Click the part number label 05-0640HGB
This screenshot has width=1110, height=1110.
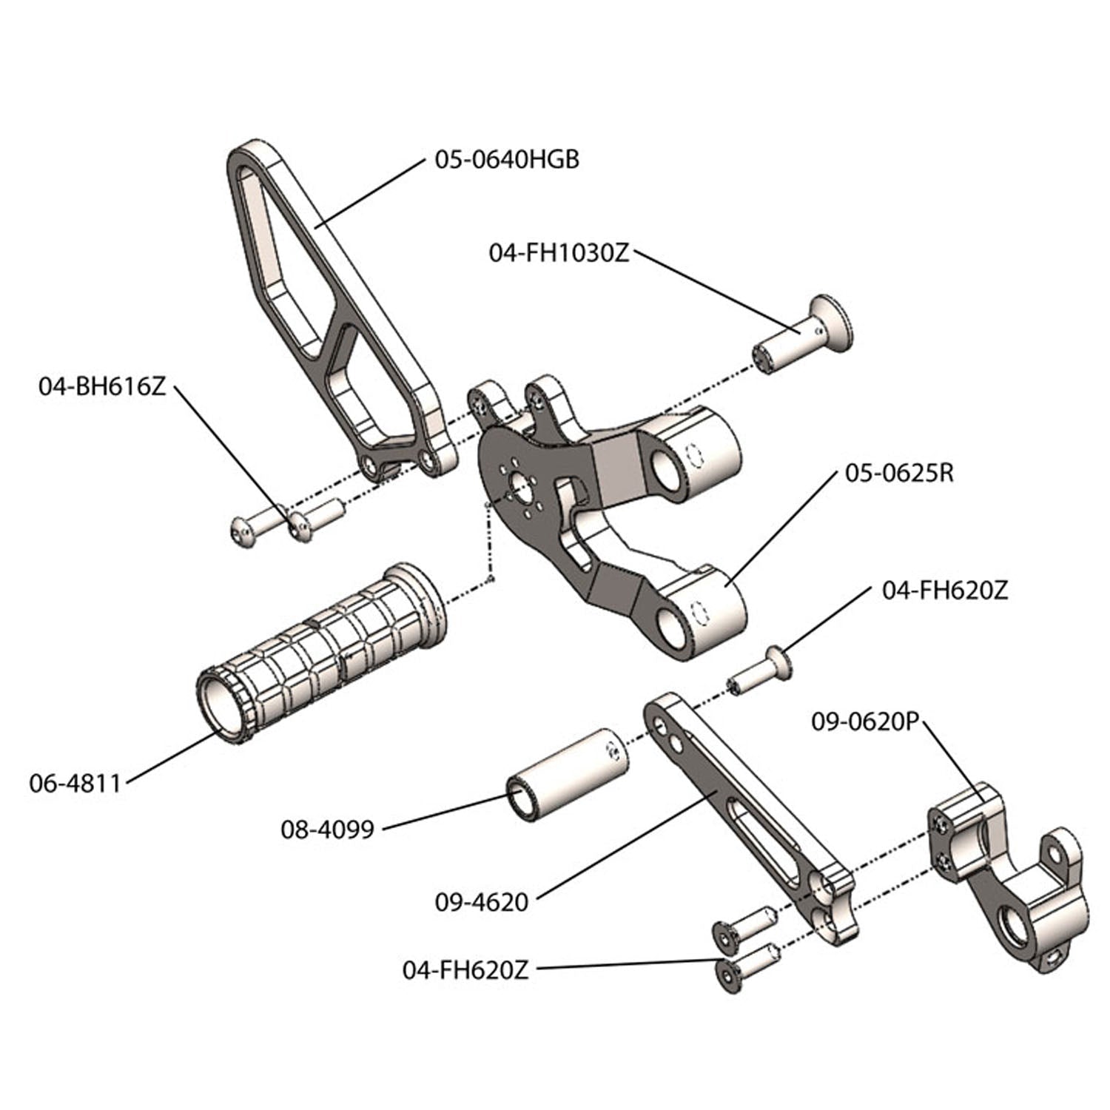(x=506, y=160)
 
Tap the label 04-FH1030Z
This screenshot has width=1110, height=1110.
(x=559, y=253)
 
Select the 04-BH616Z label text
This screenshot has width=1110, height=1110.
(x=103, y=386)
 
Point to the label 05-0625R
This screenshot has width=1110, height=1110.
(x=899, y=473)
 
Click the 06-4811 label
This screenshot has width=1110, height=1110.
(x=75, y=783)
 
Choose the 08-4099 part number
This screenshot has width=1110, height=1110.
(x=327, y=830)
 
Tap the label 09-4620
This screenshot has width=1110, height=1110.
(x=482, y=902)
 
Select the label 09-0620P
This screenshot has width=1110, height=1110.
(x=864, y=721)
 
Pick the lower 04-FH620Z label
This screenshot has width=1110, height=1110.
(x=465, y=970)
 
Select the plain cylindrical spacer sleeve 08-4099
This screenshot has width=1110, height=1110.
(x=567, y=774)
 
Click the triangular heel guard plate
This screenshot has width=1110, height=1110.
(x=333, y=311)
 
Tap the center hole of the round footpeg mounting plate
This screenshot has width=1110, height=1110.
(x=520, y=490)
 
